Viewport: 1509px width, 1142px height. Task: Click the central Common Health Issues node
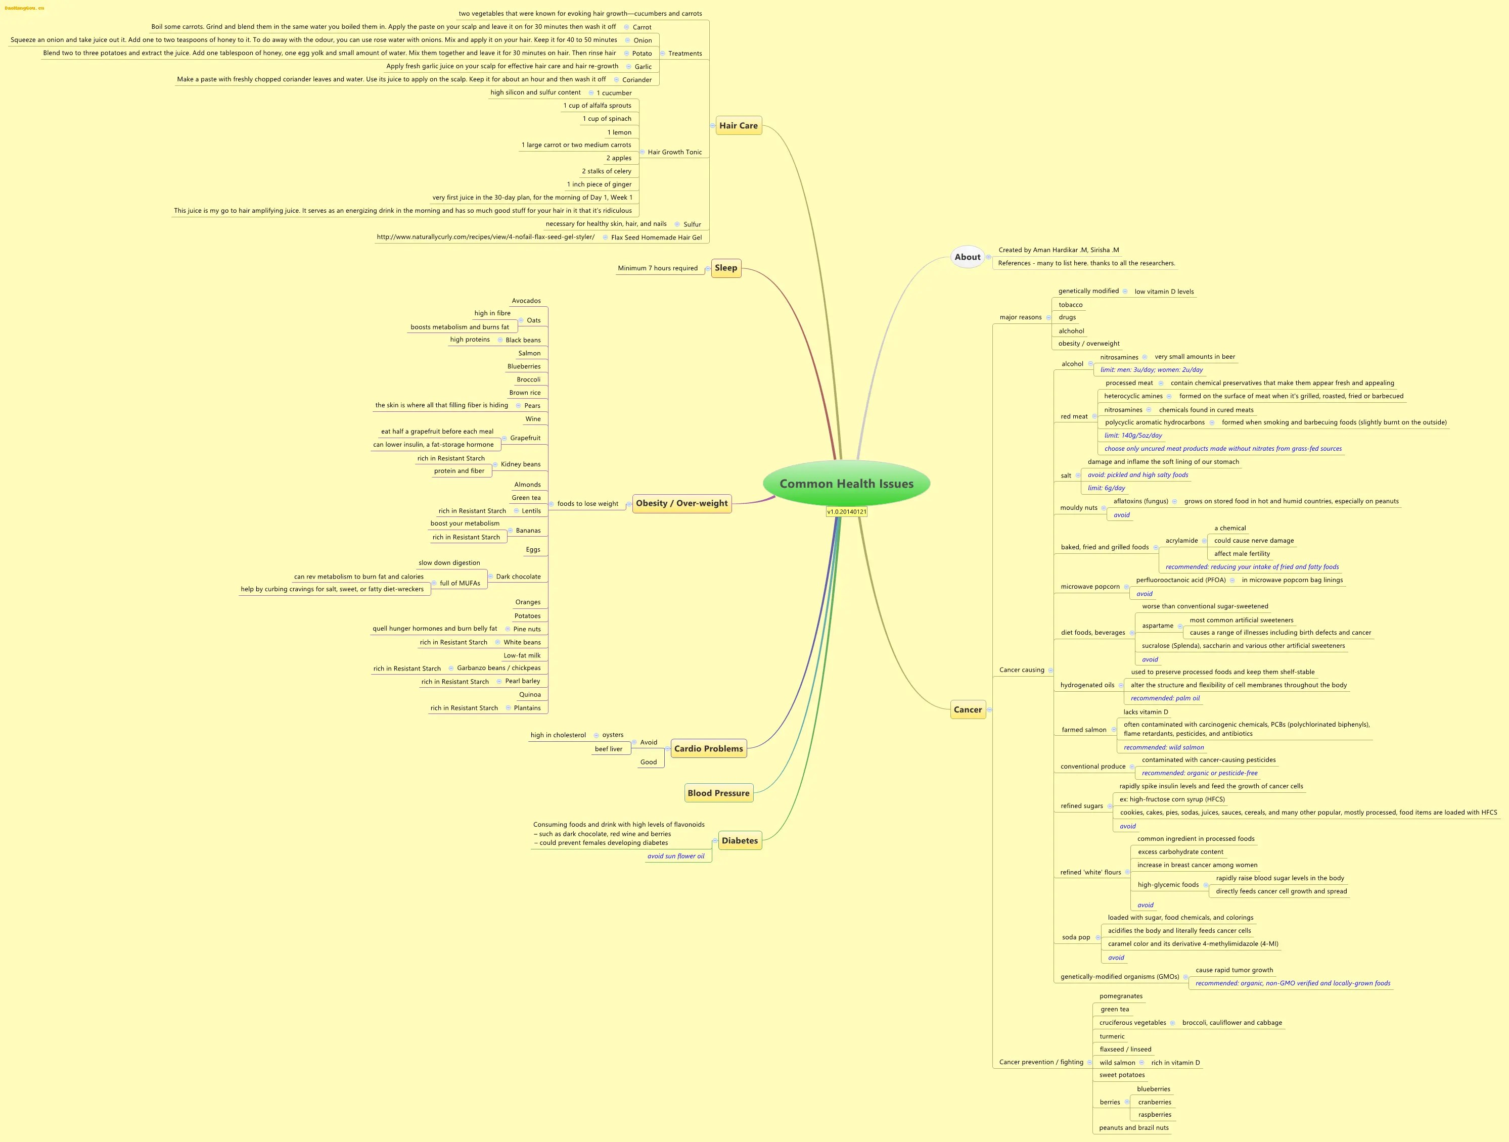(846, 484)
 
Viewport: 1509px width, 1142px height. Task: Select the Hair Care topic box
(738, 125)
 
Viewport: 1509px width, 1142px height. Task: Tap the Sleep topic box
(726, 268)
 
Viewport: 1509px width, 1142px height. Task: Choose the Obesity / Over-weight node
(681, 503)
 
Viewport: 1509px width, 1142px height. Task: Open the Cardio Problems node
(708, 748)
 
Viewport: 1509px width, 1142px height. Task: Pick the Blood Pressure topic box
(718, 793)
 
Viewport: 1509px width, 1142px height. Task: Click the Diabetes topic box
(740, 841)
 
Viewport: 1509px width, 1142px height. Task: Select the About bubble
(968, 257)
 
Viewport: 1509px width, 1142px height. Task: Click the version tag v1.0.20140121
(847, 511)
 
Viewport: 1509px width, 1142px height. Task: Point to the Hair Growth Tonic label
(675, 152)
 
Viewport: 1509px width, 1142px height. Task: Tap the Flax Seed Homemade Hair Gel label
(656, 237)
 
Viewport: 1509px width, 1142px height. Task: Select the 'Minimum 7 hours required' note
(658, 268)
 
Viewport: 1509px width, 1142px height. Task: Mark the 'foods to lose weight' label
(587, 504)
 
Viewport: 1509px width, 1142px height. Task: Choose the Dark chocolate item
(519, 577)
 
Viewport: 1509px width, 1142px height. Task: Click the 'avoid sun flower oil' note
(676, 856)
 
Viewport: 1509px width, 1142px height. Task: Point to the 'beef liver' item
(609, 748)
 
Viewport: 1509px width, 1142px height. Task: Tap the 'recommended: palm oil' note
(1165, 698)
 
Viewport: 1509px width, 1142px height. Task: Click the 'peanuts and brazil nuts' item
(1134, 1128)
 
